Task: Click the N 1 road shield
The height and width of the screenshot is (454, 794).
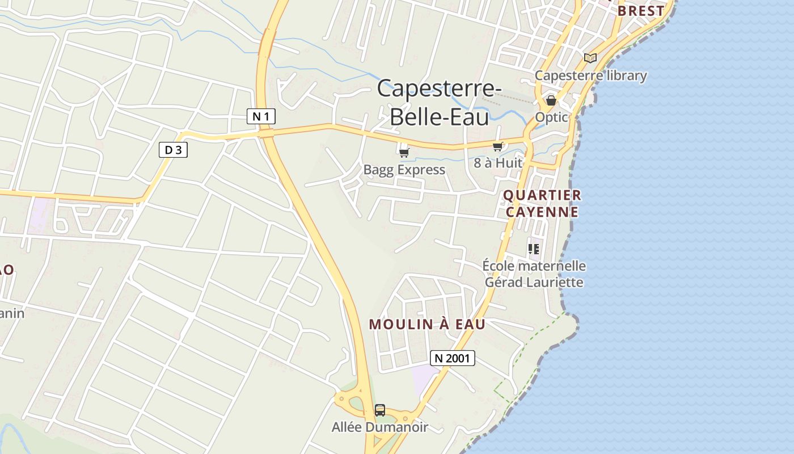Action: coord(261,117)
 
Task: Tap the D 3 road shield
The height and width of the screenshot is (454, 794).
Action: coord(173,150)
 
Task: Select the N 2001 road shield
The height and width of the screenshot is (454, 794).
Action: coord(453,358)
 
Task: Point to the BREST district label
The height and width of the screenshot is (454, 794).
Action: coord(641,11)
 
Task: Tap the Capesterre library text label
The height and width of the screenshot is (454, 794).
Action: coord(590,75)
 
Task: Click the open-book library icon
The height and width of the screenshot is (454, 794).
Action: coord(590,58)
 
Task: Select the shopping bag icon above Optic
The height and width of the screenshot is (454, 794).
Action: coord(551,100)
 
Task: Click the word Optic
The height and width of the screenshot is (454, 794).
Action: coord(551,117)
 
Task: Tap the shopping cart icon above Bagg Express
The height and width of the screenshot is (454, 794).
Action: coord(404,152)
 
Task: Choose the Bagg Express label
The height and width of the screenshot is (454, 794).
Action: coord(404,170)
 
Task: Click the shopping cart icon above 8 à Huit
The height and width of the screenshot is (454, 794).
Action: coord(497,146)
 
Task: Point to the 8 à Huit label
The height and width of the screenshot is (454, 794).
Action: coord(497,163)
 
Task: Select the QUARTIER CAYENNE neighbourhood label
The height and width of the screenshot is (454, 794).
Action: coord(542,204)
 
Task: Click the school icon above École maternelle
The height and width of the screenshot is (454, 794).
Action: coord(534,249)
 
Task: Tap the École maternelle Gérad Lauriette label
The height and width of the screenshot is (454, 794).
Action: coord(534,274)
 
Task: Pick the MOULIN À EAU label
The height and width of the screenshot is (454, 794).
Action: coord(427,324)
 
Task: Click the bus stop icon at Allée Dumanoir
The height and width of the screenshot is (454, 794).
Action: coord(380,410)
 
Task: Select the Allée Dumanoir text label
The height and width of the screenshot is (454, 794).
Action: coord(380,427)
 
